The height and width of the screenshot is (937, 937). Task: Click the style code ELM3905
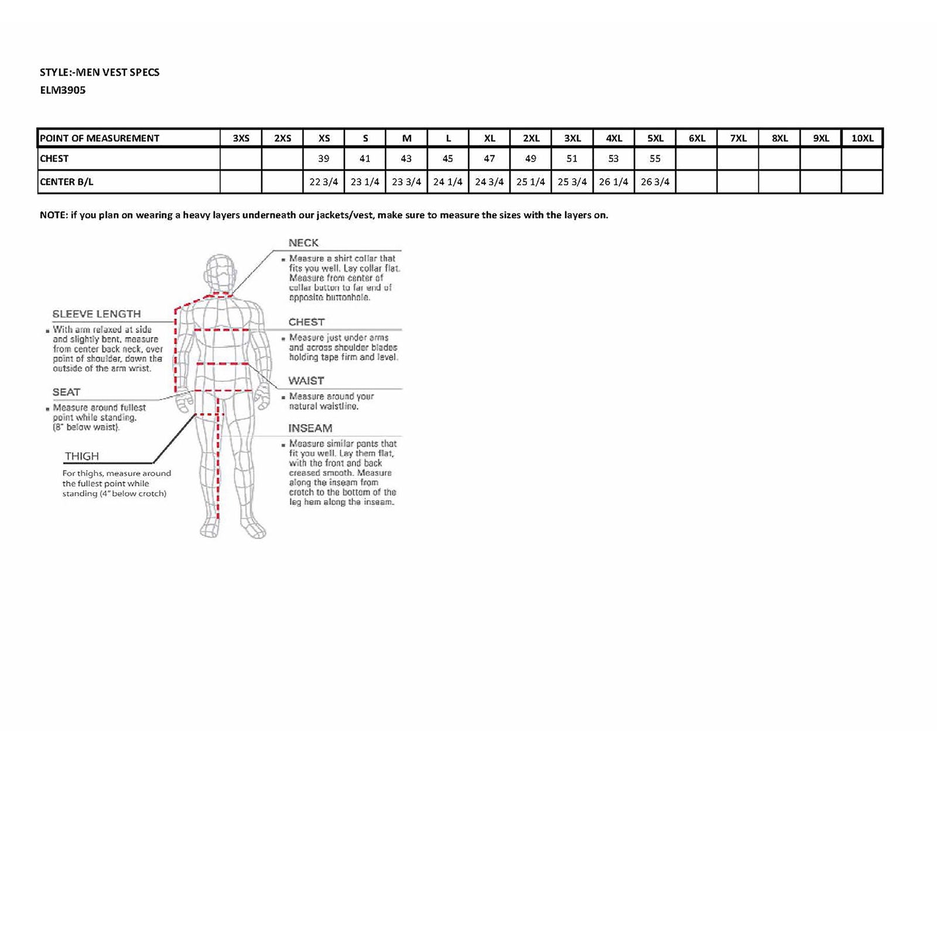pos(63,90)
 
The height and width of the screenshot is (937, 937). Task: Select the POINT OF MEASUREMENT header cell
pos(100,138)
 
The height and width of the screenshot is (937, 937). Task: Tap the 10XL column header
pos(862,138)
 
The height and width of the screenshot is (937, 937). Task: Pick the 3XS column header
pos(241,138)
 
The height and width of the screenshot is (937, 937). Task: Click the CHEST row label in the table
pos(54,159)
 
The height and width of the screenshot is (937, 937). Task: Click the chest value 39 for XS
pos(323,159)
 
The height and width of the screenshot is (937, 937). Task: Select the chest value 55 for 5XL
pos(655,159)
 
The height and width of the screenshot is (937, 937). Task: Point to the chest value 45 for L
pos(447,159)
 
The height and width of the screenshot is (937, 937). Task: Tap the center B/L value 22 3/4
pos(323,182)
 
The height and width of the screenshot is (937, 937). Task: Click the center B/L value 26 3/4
pos(655,182)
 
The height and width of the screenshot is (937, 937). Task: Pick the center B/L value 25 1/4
pos(531,182)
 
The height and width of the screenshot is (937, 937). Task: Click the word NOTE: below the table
pos(53,215)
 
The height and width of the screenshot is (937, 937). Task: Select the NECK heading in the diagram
pos(303,243)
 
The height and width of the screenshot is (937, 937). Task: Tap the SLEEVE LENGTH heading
pos(97,314)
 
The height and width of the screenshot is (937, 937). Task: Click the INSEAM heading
pos(310,428)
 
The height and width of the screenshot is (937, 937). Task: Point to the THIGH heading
pos(82,456)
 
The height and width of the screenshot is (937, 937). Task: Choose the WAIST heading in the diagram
pos(306,381)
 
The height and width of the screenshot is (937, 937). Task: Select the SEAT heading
pos(66,392)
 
